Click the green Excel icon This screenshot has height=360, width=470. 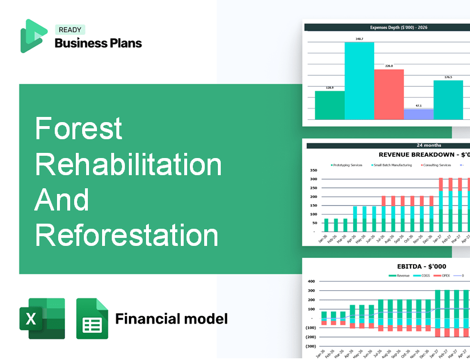(x=42, y=318)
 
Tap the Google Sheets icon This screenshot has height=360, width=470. (x=92, y=318)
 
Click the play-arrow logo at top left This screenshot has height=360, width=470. (x=33, y=36)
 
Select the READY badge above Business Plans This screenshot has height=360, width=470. (x=70, y=30)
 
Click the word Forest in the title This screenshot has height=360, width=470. (x=79, y=128)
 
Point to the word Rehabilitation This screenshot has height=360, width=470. (x=128, y=164)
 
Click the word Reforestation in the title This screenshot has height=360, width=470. (x=127, y=236)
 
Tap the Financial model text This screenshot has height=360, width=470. (x=171, y=318)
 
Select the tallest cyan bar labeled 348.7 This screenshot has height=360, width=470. (x=359, y=80)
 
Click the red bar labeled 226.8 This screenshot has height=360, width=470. (x=389, y=94)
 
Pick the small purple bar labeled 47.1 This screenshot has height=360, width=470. (x=419, y=114)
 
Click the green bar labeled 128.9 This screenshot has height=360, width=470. (x=330, y=105)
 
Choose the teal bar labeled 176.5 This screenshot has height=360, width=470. (x=448, y=100)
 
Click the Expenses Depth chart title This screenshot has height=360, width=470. (x=386, y=27)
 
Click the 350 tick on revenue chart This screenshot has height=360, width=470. (x=313, y=171)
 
